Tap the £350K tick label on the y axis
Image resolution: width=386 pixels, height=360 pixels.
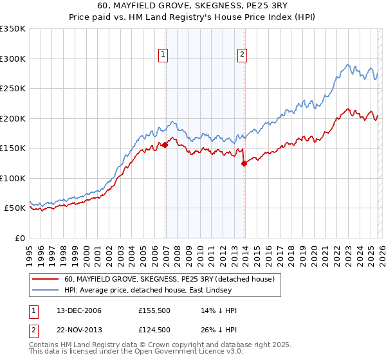(x=13, y=29)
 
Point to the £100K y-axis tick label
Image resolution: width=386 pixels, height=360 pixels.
(x=13, y=178)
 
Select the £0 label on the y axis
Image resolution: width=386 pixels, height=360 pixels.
(x=19, y=238)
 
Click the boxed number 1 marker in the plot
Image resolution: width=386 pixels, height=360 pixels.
(x=163, y=55)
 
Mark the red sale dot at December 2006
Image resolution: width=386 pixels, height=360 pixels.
(x=165, y=145)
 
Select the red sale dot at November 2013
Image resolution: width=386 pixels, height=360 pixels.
(x=244, y=164)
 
